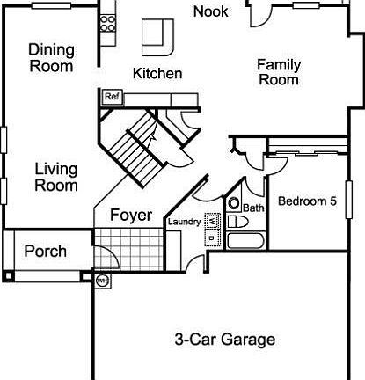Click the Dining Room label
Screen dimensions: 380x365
pos(51,57)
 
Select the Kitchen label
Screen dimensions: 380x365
pos(157,74)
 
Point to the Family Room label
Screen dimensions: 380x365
pos(278,72)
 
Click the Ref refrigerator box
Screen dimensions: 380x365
pos(112,97)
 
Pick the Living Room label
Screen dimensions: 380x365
pos(56,177)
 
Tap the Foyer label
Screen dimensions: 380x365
pos(131,215)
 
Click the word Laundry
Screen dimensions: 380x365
pos(184,223)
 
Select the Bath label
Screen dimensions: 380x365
pos(253,208)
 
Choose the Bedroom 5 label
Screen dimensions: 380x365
pos(307,201)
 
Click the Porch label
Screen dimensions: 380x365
pos(45,251)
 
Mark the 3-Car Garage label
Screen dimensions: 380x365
pos(224,340)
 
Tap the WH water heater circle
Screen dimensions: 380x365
pos(101,281)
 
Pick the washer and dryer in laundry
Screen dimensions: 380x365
pos(212,231)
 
